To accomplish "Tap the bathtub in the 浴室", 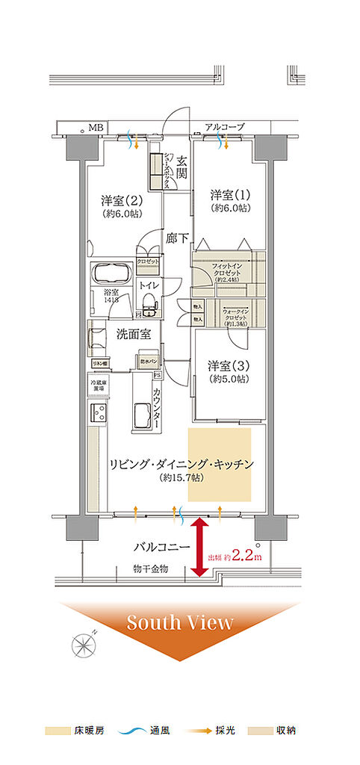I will (111, 273).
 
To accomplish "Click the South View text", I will (179, 622).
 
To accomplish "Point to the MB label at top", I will (96, 128).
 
